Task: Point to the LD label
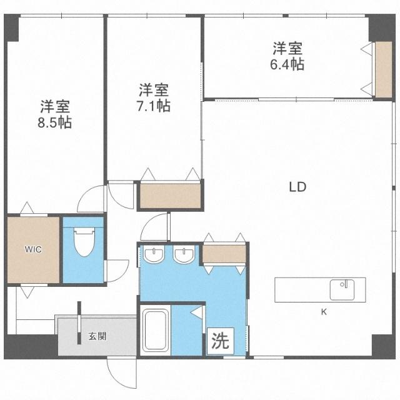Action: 297,186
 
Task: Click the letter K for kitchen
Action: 324,311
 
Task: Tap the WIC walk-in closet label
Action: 33,249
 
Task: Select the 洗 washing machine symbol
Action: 219,341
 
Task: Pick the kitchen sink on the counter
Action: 342,289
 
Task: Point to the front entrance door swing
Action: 119,375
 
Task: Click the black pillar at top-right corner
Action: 379,27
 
